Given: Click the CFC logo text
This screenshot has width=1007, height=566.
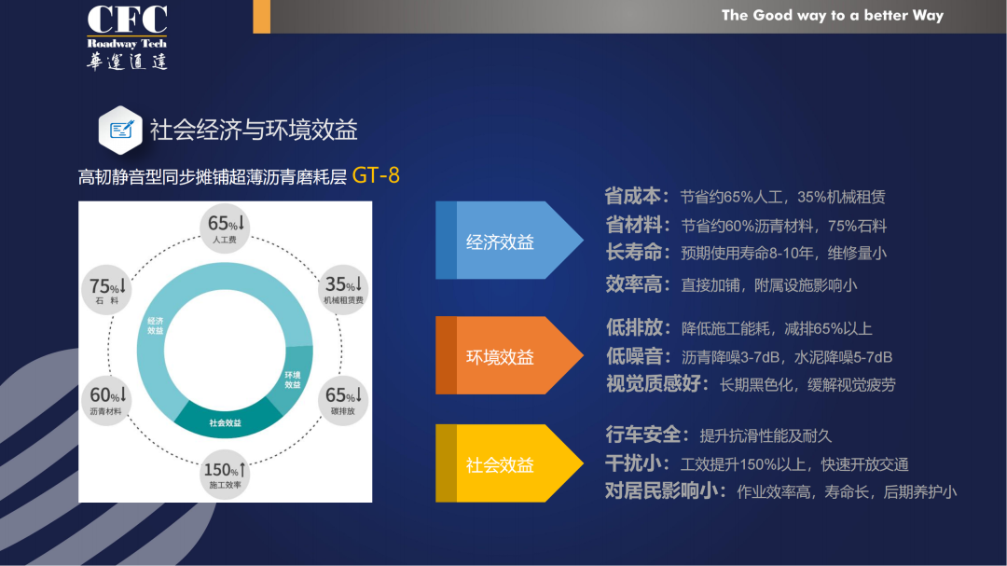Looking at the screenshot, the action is (127, 20).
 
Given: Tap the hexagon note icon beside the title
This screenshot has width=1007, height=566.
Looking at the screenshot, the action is (120, 130).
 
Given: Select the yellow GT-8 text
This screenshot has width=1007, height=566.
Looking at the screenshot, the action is (376, 175).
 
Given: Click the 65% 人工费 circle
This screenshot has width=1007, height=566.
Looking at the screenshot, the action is (224, 228).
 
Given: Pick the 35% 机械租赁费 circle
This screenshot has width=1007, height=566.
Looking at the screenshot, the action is (343, 289).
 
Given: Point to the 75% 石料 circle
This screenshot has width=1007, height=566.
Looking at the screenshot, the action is (106, 290).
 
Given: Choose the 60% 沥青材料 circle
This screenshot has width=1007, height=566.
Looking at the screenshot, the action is (106, 400).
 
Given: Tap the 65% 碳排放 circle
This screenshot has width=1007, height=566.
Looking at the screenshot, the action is (343, 400).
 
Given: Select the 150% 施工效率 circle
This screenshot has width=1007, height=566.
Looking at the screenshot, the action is (224, 474).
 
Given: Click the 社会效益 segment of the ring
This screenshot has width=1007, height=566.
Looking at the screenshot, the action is (226, 421).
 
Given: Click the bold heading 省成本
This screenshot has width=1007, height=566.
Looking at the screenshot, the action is (632, 196).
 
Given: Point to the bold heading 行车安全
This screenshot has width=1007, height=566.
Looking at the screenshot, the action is (642, 435).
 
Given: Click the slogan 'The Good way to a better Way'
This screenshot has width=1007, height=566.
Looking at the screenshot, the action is (833, 16).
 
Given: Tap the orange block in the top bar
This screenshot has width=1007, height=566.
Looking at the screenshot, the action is (261, 16).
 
